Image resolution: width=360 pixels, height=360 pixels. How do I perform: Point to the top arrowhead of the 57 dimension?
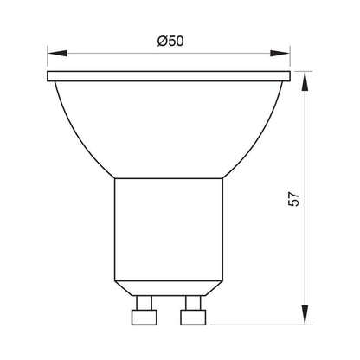306,78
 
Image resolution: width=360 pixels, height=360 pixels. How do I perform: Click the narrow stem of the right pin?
193,299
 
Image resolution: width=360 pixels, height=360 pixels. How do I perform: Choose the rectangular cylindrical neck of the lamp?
168,225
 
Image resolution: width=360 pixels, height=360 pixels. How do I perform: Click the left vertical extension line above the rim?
47,61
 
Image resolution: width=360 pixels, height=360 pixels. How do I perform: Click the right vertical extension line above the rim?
290,61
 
